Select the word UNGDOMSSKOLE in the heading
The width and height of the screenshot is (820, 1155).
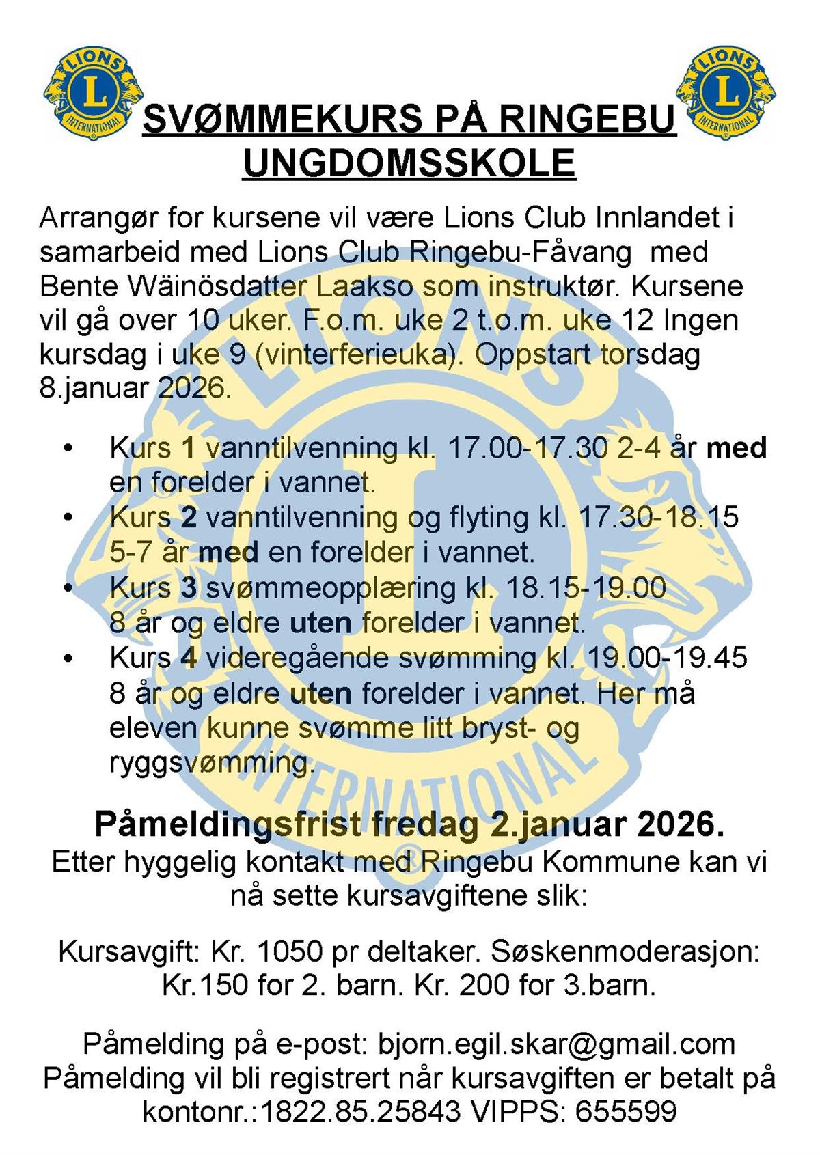point(409,163)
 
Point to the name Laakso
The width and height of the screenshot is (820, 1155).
point(365,286)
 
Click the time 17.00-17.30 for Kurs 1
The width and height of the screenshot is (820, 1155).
point(527,449)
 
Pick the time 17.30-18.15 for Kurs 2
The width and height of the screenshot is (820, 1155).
point(659,518)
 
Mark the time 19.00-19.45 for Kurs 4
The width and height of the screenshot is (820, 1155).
point(667,658)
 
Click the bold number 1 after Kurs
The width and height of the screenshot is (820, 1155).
point(189,449)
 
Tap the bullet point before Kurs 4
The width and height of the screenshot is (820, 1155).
point(67,658)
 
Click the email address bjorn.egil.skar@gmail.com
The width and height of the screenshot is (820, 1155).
point(556,1044)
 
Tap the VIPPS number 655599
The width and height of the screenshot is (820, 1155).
point(626,1112)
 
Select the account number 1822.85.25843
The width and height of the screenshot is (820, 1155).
point(361,1112)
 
